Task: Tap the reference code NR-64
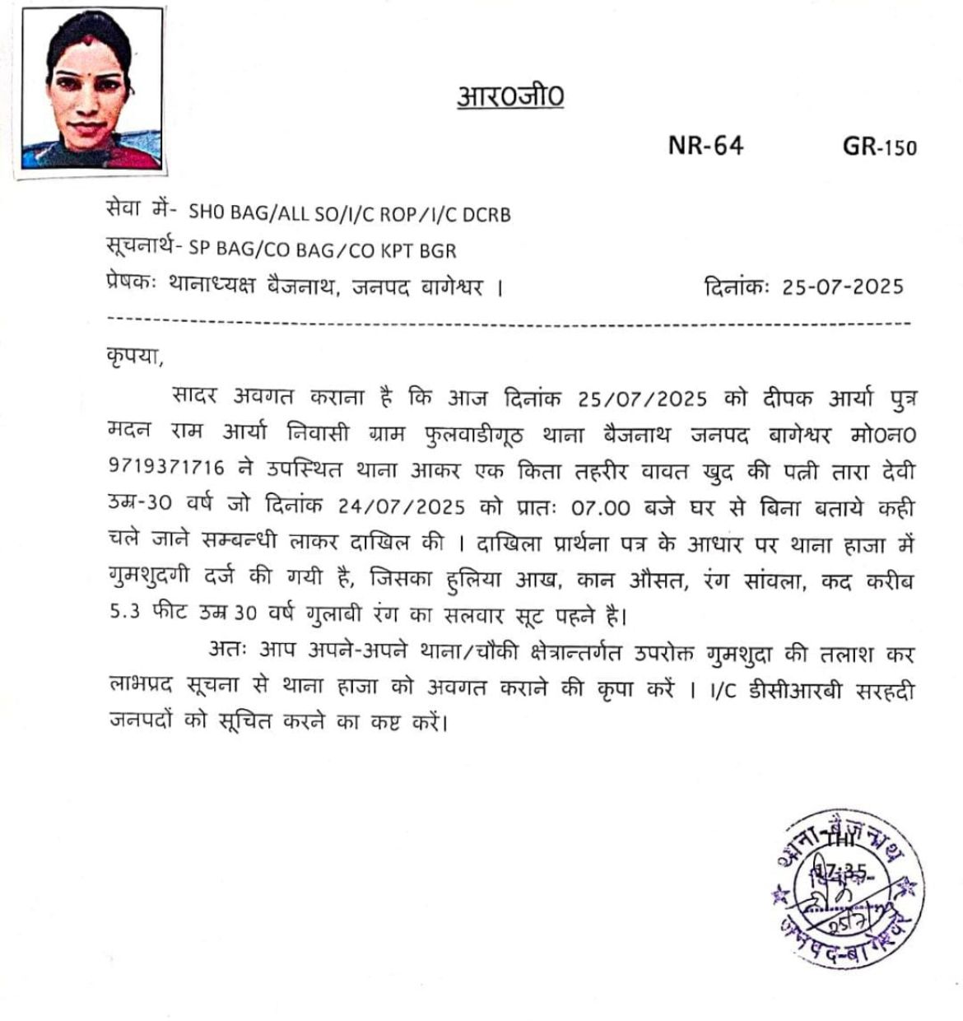tap(705, 146)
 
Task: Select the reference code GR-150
tap(879, 147)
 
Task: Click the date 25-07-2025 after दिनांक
tap(842, 287)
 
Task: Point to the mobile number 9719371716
tap(166, 467)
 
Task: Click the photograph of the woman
tap(91, 88)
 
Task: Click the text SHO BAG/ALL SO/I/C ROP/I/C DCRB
tap(350, 214)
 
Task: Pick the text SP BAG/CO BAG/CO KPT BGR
tap(322, 250)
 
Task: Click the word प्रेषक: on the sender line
tap(131, 286)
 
